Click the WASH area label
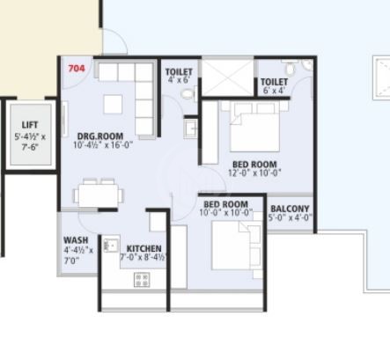[75, 239]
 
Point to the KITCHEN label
[143, 248]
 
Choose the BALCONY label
[290, 209]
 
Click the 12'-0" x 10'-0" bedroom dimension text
[254, 174]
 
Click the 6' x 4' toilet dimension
[273, 92]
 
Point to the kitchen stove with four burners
[141, 280]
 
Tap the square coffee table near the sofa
[114, 104]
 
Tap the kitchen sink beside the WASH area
[112, 244]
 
